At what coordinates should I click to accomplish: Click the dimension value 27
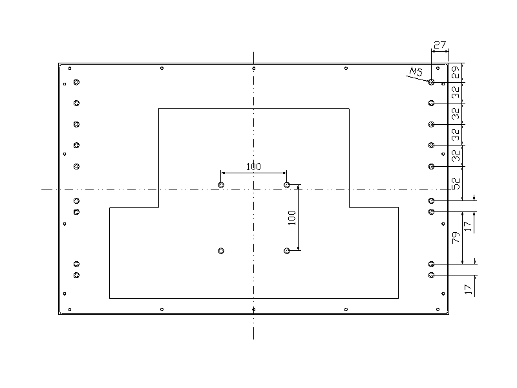[440, 45]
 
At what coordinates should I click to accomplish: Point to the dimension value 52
[455, 183]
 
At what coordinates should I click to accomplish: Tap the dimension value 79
[455, 237]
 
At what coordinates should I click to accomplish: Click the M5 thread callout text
[416, 72]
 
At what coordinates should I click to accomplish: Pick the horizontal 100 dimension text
[253, 167]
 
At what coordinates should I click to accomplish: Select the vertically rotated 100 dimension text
[291, 217]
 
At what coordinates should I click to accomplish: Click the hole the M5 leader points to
[431, 82]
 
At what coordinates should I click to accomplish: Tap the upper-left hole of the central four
[221, 185]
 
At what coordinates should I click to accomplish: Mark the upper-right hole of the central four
[287, 185]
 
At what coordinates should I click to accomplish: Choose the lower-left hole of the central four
[221, 250]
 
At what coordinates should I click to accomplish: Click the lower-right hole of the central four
[287, 250]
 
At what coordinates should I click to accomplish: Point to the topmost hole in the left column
[76, 82]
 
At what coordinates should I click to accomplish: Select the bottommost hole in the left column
[76, 275]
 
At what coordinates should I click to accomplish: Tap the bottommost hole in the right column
[431, 275]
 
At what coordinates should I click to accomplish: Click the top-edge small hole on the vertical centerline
[254, 69]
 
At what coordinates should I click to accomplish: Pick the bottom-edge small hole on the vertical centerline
[254, 310]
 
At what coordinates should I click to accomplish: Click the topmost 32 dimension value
[455, 92]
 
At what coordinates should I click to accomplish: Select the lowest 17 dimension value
[468, 285]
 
